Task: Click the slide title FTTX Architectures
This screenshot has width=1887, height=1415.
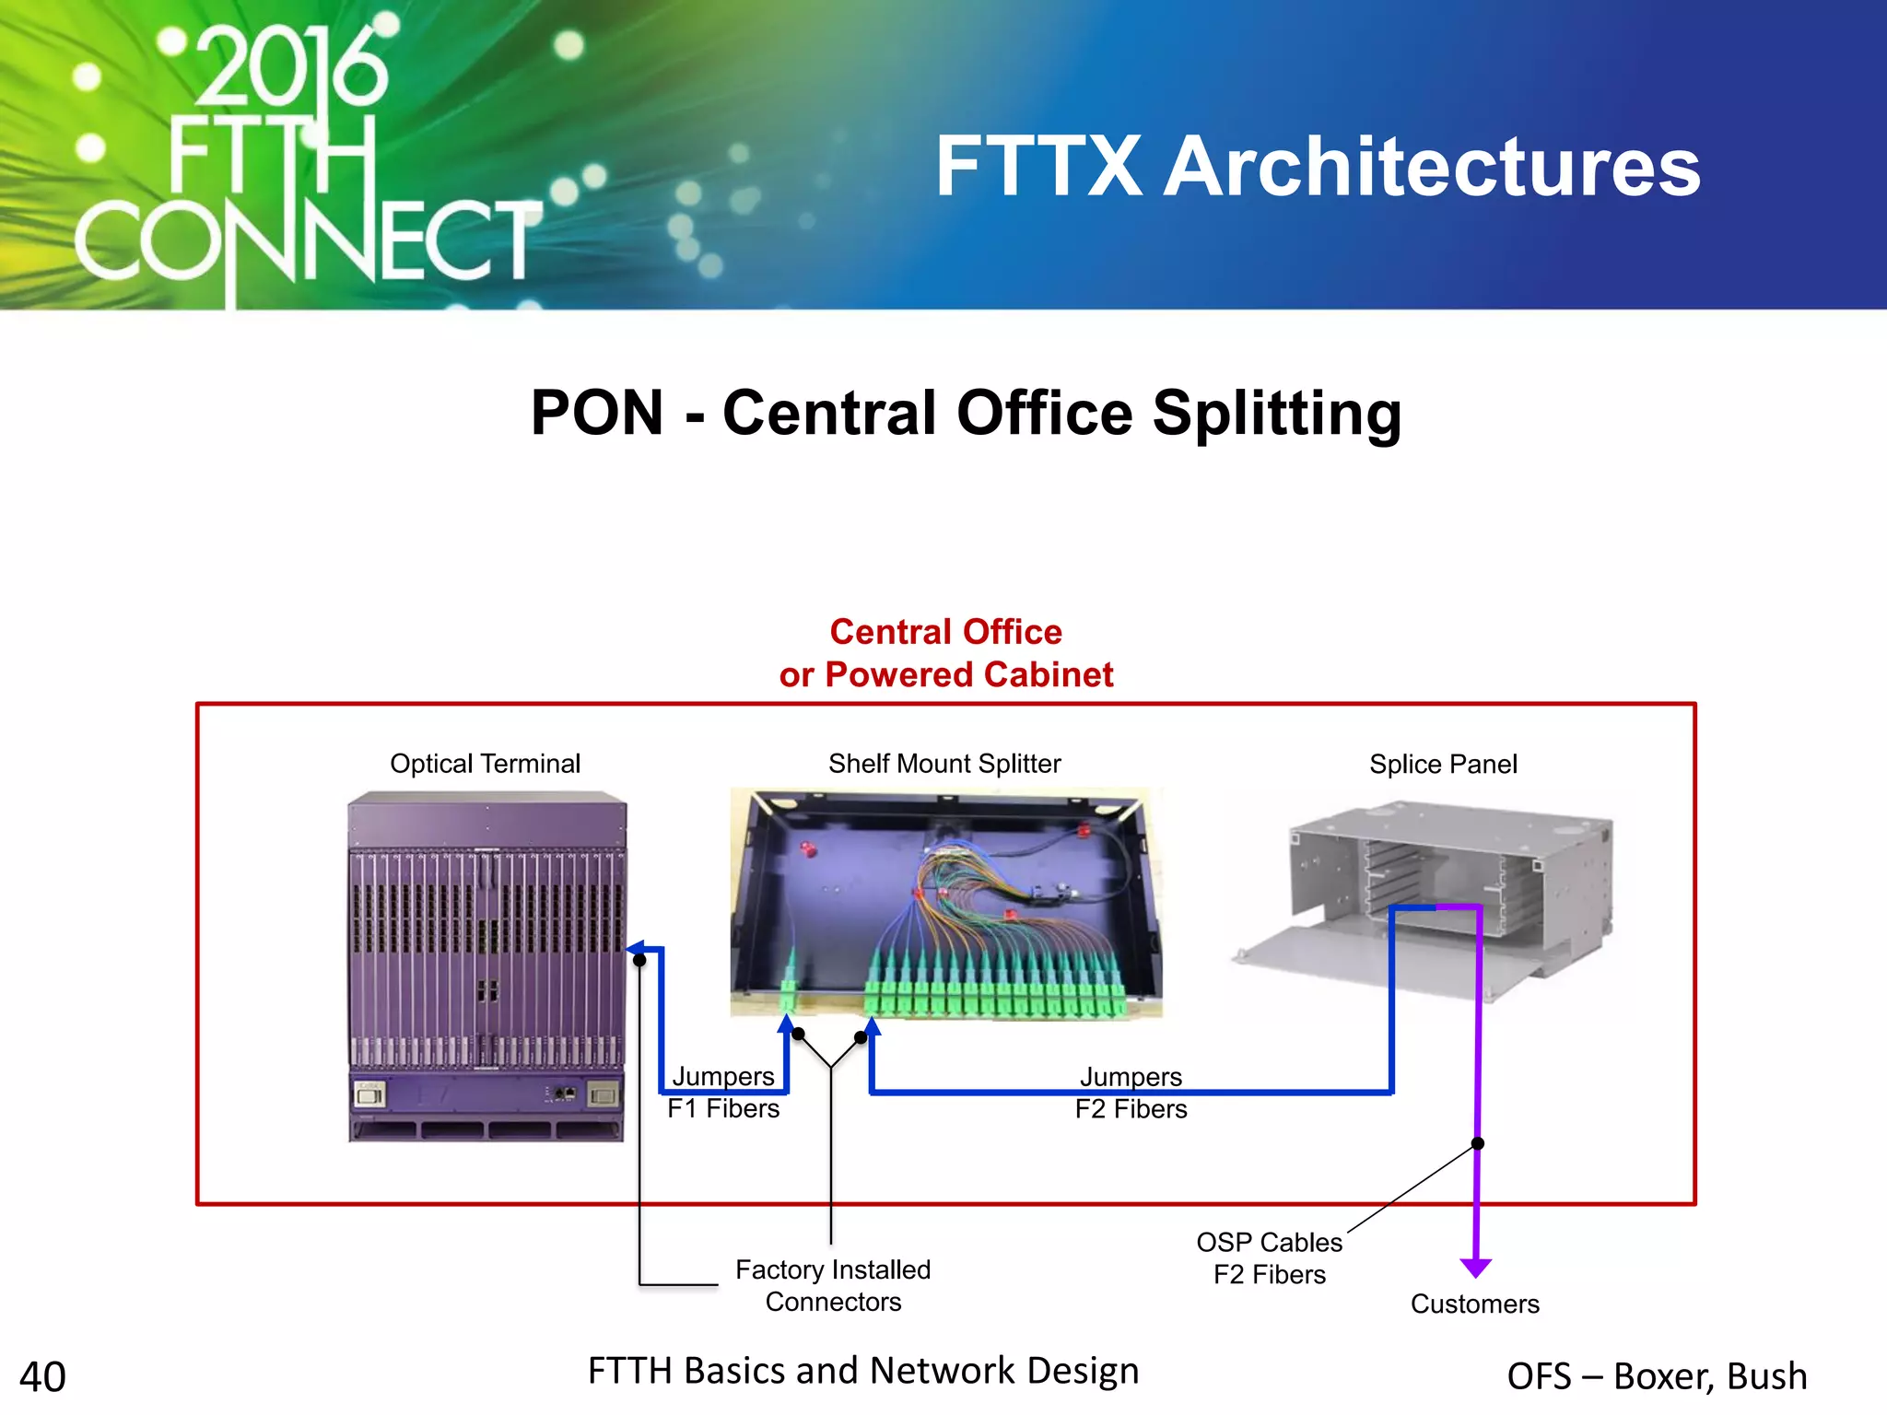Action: (1318, 167)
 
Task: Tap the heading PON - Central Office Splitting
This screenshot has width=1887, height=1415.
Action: (966, 412)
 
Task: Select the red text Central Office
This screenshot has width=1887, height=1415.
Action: (945, 632)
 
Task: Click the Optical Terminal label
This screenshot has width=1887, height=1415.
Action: (485, 764)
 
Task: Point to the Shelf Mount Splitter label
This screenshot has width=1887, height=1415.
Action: (944, 764)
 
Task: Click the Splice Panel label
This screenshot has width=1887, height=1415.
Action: (1442, 765)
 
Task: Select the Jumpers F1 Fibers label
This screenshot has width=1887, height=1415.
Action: (723, 1093)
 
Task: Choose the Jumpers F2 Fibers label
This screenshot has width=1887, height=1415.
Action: (1131, 1093)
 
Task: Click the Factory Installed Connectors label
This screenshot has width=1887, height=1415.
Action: (833, 1285)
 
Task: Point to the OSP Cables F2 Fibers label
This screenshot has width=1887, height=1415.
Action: (1269, 1258)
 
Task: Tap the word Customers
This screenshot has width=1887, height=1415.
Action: (1474, 1304)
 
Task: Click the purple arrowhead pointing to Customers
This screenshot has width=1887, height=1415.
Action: (1476, 1269)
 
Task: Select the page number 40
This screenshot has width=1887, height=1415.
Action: (42, 1377)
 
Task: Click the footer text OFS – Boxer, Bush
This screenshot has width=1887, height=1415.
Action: (1657, 1376)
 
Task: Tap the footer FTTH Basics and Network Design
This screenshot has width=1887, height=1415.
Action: (863, 1371)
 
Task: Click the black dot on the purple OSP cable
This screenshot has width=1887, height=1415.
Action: (1477, 1143)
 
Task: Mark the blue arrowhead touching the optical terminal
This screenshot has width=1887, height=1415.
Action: (634, 948)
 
